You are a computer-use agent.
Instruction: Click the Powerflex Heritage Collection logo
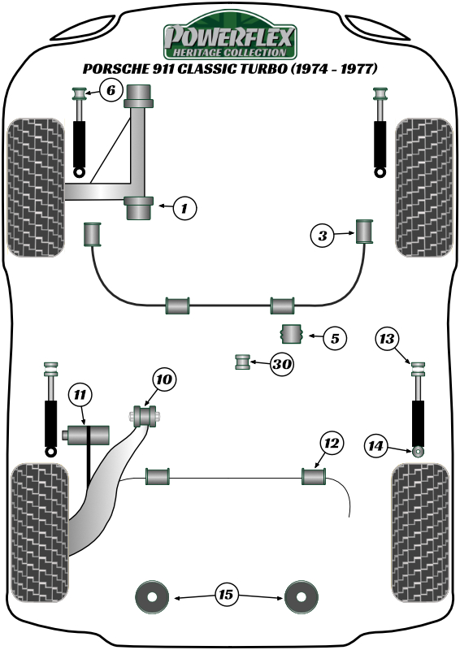pos(230,37)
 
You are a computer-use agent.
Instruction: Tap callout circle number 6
pos(111,89)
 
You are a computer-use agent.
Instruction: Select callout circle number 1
pos(184,208)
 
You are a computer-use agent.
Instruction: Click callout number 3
pos(323,236)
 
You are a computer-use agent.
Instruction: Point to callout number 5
pos(335,338)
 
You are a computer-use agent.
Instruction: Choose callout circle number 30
pos(282,364)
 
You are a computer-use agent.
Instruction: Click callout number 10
pos(164,379)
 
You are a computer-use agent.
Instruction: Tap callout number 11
pos(80,395)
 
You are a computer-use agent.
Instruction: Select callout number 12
pos(332,444)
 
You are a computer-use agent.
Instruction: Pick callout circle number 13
pos(387,339)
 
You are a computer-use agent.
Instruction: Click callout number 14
pos(375,445)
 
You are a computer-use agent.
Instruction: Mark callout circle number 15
pos(227,595)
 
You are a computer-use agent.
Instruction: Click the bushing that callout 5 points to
pos(292,334)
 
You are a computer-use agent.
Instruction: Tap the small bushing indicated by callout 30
pos(243,362)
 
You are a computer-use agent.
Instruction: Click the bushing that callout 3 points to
pos(365,232)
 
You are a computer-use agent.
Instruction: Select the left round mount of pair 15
pos(152,597)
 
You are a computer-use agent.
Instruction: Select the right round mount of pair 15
pos(302,597)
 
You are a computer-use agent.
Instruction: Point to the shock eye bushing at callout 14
pos(418,451)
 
